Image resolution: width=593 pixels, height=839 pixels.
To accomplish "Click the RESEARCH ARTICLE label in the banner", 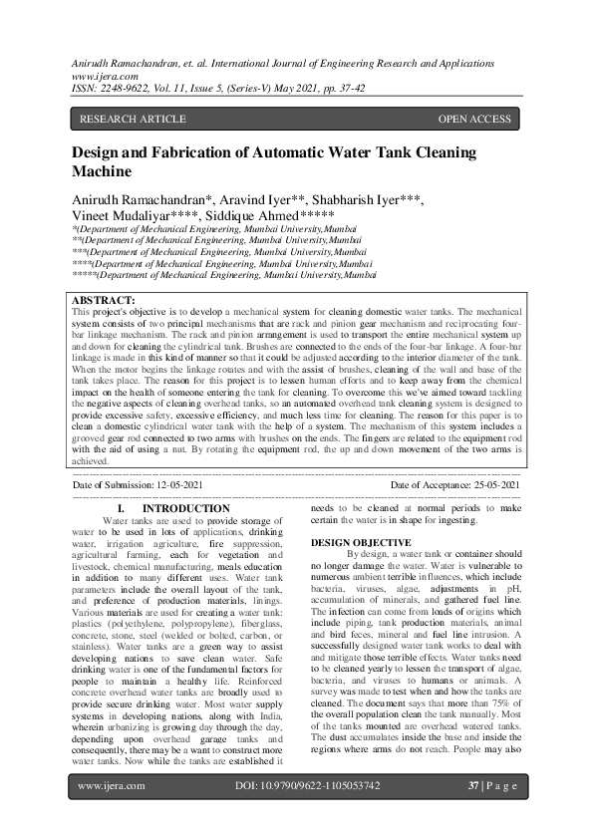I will coord(133,120).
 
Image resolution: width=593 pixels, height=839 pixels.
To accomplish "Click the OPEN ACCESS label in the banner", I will coord(474,120).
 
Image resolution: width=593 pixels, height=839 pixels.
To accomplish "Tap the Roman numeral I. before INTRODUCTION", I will coord(121,509).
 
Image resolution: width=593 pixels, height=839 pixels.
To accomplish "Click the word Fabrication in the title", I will coord(202,152).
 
